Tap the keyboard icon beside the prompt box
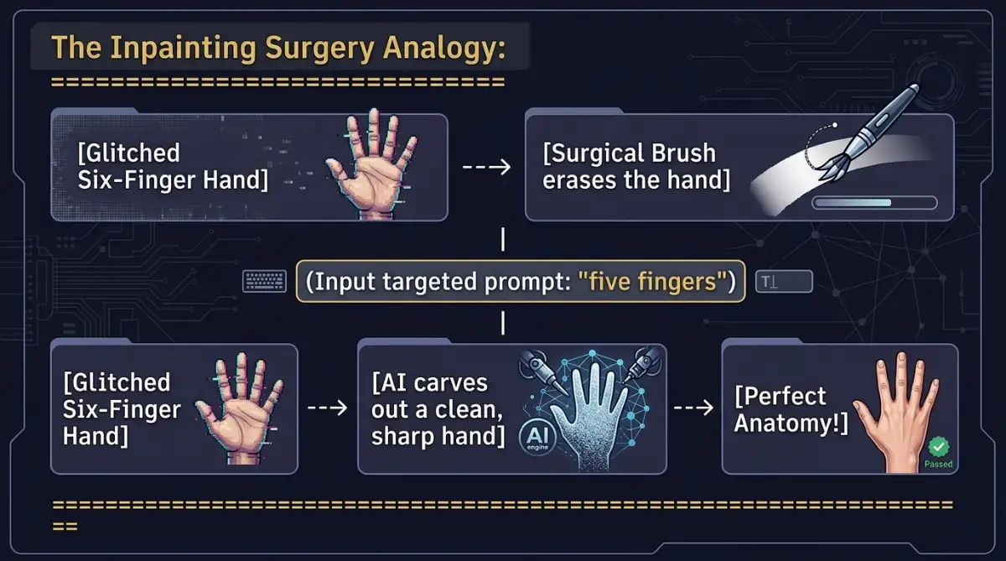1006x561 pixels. coord(265,282)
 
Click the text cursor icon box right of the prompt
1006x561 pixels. coord(784,282)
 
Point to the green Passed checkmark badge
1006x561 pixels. coord(939,447)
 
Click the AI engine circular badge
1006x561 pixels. coord(537,437)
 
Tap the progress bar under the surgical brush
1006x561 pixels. coord(874,203)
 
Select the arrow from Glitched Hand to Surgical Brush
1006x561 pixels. coord(487,167)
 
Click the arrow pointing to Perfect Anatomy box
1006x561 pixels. coord(694,408)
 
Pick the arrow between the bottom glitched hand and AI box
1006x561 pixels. coord(328,408)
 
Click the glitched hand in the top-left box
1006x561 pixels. coord(371,164)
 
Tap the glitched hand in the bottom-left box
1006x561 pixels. coord(240,408)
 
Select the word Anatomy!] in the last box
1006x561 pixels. coord(791,423)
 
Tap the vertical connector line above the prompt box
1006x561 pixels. coord(502,239)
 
